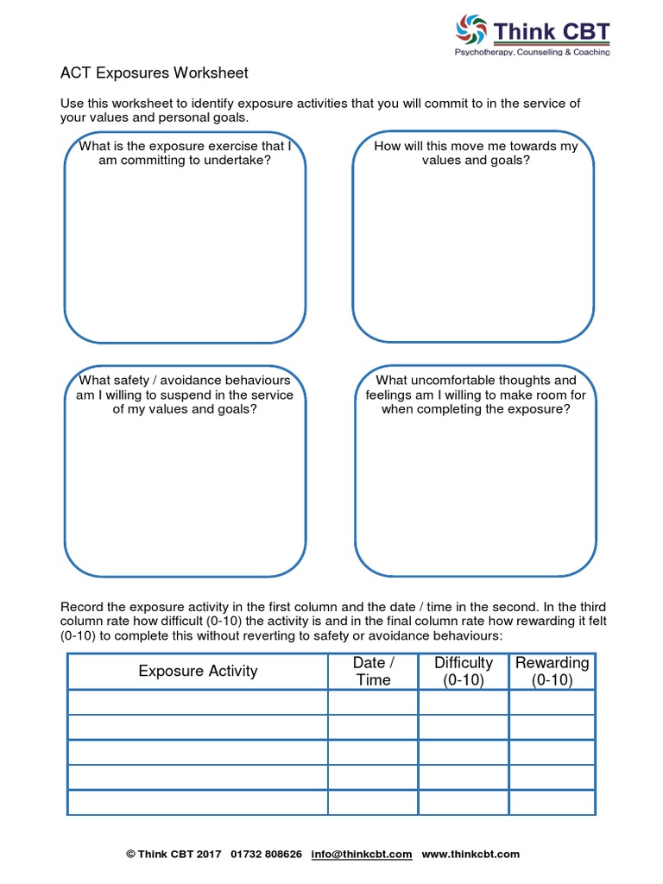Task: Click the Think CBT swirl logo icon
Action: (472, 31)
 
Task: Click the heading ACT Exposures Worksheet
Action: (154, 73)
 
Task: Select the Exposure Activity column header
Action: (198, 671)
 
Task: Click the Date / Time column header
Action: (373, 671)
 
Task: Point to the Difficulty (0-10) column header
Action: (464, 671)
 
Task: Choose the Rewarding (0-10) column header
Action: (552, 671)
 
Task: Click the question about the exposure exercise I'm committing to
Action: (185, 153)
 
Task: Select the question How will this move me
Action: (476, 153)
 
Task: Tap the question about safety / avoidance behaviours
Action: (185, 395)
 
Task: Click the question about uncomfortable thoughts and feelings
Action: (476, 395)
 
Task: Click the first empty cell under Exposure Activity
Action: (198, 702)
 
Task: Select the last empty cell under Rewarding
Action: (552, 802)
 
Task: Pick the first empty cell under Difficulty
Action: (464, 702)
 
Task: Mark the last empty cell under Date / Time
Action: (373, 802)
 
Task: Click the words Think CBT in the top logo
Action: (552, 32)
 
